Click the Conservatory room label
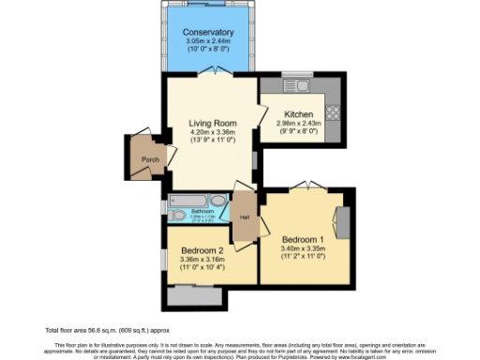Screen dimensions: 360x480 click(207, 33)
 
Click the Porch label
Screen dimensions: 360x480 click(149, 159)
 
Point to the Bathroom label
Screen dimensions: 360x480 click(202, 211)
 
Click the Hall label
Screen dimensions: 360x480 click(244, 217)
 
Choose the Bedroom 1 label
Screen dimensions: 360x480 click(303, 240)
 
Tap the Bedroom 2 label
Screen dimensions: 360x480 click(202, 250)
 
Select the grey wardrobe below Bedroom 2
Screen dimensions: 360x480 click(194, 294)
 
